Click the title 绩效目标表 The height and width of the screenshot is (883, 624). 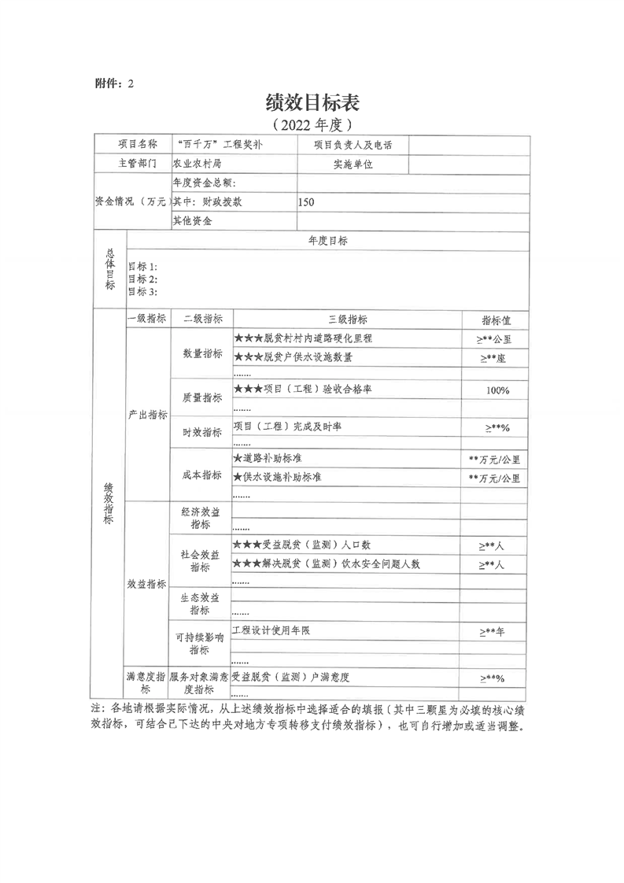(x=312, y=102)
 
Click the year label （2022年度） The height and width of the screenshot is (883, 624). (x=312, y=124)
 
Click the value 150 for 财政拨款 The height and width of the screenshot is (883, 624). (x=306, y=202)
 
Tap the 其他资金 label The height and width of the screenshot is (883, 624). (x=192, y=221)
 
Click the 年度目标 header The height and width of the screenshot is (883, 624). (x=328, y=241)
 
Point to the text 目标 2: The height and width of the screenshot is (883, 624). (x=142, y=279)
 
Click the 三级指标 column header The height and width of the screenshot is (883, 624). (x=346, y=320)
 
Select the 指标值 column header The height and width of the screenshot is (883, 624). (x=496, y=320)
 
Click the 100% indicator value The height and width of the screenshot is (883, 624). (x=497, y=390)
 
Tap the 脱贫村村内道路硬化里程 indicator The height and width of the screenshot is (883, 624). (x=302, y=338)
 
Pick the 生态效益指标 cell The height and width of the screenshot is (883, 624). (x=202, y=603)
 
